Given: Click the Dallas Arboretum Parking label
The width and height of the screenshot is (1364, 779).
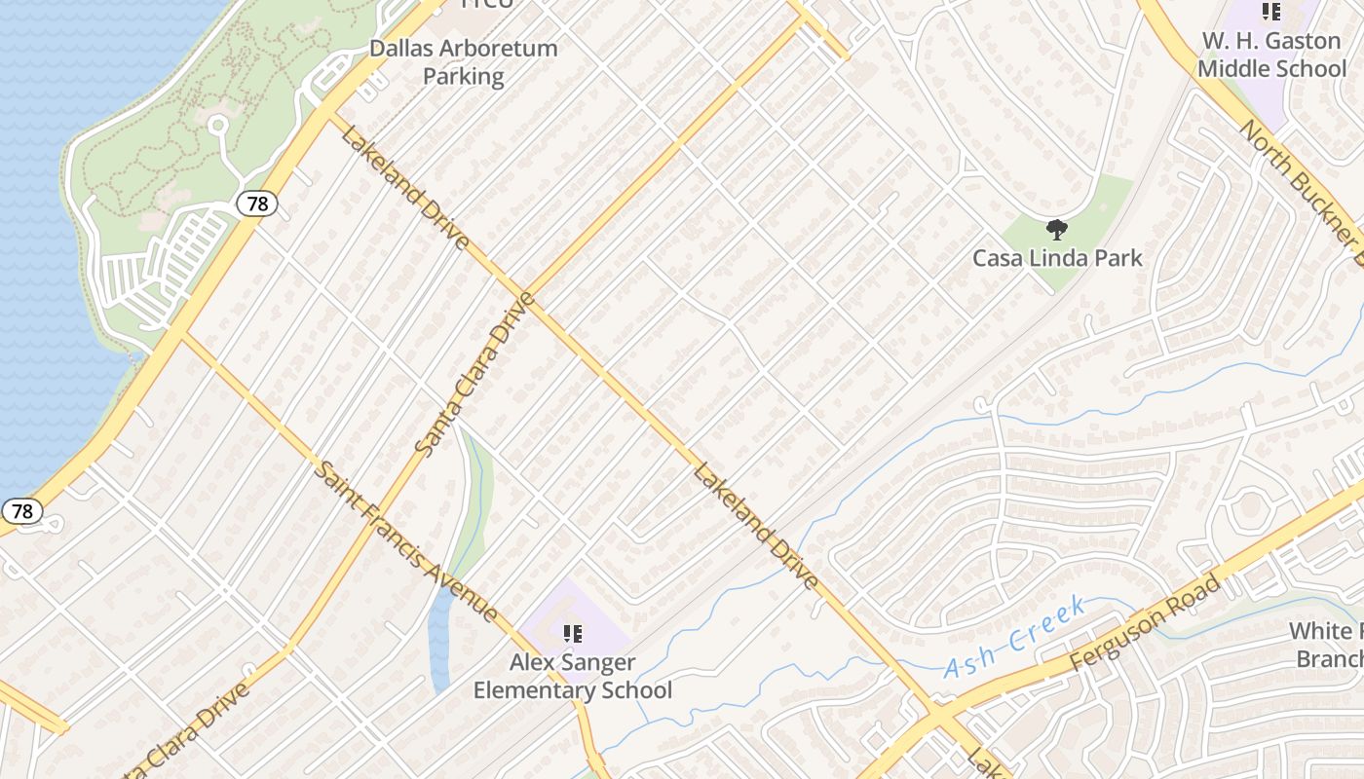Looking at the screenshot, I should click(463, 62).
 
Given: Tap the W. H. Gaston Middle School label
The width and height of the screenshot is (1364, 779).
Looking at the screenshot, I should click(1271, 55).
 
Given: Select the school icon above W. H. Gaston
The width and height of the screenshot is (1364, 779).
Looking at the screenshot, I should click(1271, 12).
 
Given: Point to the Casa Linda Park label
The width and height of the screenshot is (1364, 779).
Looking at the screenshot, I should click(1057, 258).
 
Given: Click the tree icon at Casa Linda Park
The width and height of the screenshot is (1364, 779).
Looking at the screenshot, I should click(1056, 231).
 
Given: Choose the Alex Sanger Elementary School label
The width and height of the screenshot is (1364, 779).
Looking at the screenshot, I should click(573, 677).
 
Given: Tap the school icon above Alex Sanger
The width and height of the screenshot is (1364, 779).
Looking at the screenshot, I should click(573, 635).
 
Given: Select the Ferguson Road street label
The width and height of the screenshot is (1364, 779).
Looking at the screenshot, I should click(1145, 623).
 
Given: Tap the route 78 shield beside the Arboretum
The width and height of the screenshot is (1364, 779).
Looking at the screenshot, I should click(256, 204).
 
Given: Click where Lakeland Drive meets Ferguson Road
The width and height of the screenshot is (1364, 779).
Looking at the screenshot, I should click(937, 716).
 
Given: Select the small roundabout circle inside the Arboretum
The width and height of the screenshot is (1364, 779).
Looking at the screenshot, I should click(217, 125).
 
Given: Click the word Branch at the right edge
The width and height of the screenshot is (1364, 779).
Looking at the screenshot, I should click(1329, 659).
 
